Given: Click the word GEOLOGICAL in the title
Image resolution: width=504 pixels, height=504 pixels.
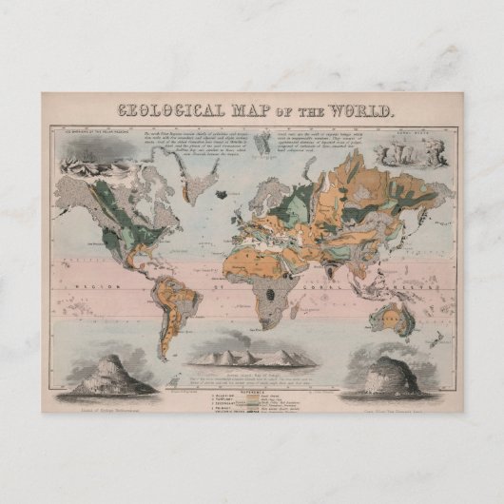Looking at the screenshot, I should [168, 109].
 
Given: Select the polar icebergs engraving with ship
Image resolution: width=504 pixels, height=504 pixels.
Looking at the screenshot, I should [82, 157].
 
